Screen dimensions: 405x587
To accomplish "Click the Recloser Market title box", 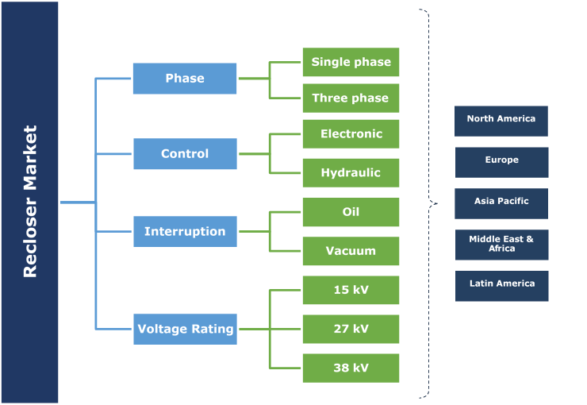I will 29,202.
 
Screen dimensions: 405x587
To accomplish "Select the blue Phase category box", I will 185,79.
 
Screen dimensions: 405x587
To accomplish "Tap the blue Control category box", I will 185,154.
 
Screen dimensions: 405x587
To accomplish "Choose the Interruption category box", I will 185,232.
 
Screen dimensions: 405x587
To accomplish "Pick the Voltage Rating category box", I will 185,329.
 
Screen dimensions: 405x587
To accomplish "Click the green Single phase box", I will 351,62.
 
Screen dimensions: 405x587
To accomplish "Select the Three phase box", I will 351,98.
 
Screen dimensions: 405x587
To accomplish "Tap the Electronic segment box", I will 351,134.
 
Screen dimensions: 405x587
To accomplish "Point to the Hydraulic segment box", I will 351,173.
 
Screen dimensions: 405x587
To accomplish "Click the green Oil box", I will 351,212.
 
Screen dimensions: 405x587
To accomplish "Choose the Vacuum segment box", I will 351,251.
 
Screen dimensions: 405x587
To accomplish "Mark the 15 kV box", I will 351,290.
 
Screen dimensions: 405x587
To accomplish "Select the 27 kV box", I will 351,329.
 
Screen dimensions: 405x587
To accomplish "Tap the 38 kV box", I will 351,368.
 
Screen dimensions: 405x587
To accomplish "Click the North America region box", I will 501,121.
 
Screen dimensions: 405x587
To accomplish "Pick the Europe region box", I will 501,162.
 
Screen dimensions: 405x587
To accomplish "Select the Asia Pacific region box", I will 501,203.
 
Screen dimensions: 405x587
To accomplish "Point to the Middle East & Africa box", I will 501,245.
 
